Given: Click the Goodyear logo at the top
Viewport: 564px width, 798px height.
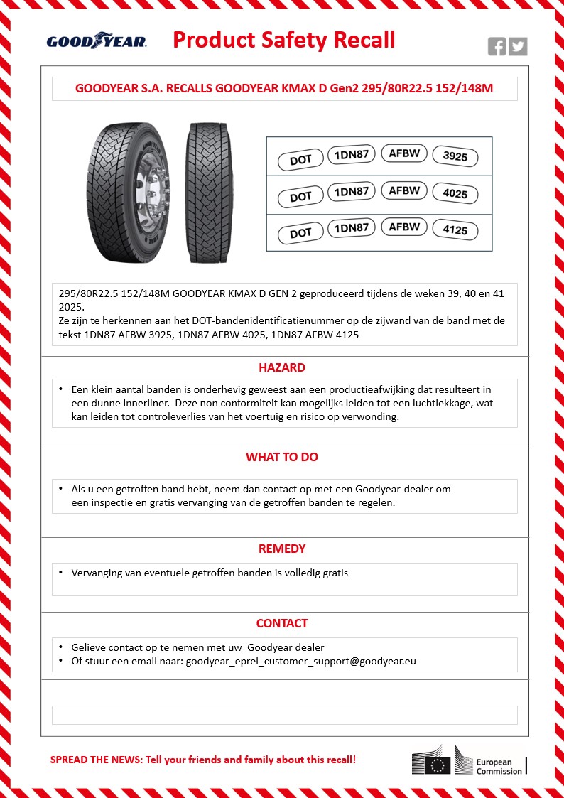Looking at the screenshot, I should tap(97, 42).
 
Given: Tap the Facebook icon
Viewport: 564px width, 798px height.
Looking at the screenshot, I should tap(497, 47).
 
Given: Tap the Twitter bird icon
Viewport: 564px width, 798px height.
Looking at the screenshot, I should tap(518, 47).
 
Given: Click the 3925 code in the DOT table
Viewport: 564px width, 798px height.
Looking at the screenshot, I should tap(455, 156).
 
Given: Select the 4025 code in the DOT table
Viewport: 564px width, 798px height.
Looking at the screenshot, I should tap(455, 194).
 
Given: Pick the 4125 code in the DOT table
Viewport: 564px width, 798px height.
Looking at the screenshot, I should tap(455, 231).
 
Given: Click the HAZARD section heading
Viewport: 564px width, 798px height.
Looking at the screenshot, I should tap(282, 368).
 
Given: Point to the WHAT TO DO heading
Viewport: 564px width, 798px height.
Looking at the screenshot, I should tap(282, 457).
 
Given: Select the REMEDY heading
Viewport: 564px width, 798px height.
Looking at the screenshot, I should tap(282, 549).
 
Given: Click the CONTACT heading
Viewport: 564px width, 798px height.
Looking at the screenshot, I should tap(282, 623).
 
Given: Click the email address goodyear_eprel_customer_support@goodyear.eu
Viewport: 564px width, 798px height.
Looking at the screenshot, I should tap(301, 661).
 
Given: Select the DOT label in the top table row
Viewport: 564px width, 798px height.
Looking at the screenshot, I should tap(300, 160).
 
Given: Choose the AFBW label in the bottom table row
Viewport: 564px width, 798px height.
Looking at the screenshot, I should tap(404, 227).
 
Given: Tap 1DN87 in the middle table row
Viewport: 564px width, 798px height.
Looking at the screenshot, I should tap(351, 192).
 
